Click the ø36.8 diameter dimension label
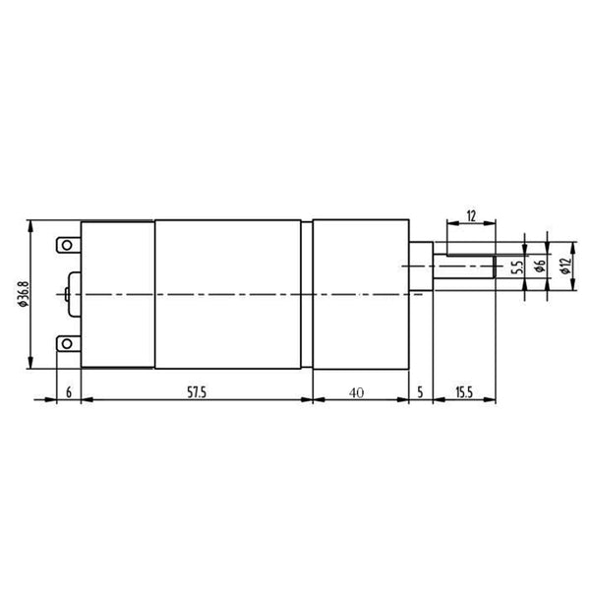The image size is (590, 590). coord(24,293)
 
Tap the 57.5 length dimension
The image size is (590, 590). coord(197,392)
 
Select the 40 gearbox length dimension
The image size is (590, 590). coord(356,392)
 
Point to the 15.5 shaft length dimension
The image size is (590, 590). coord(464,392)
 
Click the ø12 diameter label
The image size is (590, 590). coord(564,265)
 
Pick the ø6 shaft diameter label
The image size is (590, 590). coord(540,265)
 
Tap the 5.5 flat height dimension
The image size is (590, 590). coord(518,266)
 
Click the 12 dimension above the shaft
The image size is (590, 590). coord(471,216)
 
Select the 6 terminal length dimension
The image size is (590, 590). coord(69,392)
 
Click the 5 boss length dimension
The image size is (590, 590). coord(420,392)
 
